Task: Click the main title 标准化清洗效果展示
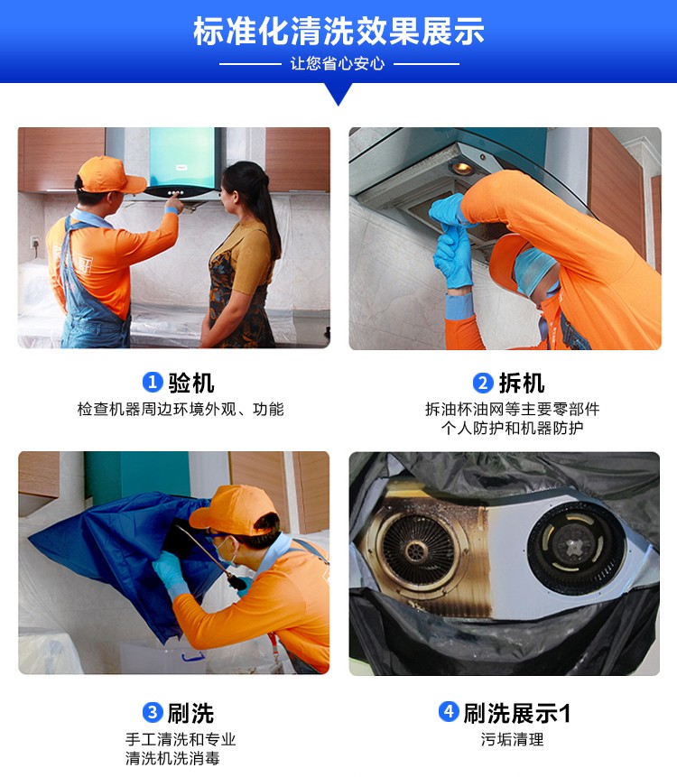338,31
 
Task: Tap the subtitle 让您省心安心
338,63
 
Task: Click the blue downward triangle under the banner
338,94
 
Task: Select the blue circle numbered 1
153,382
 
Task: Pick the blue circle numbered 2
483,383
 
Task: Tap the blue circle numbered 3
153,713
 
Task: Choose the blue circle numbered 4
449,712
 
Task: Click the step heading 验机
191,383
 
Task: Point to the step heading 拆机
522,383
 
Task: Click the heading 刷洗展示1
517,713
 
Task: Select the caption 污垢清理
512,740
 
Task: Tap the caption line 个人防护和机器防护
512,428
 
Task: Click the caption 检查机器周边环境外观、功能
181,409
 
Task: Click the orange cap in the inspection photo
110,175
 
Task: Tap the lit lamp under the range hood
462,168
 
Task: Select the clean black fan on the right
576,548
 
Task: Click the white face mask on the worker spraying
226,550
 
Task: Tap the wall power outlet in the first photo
34,243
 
